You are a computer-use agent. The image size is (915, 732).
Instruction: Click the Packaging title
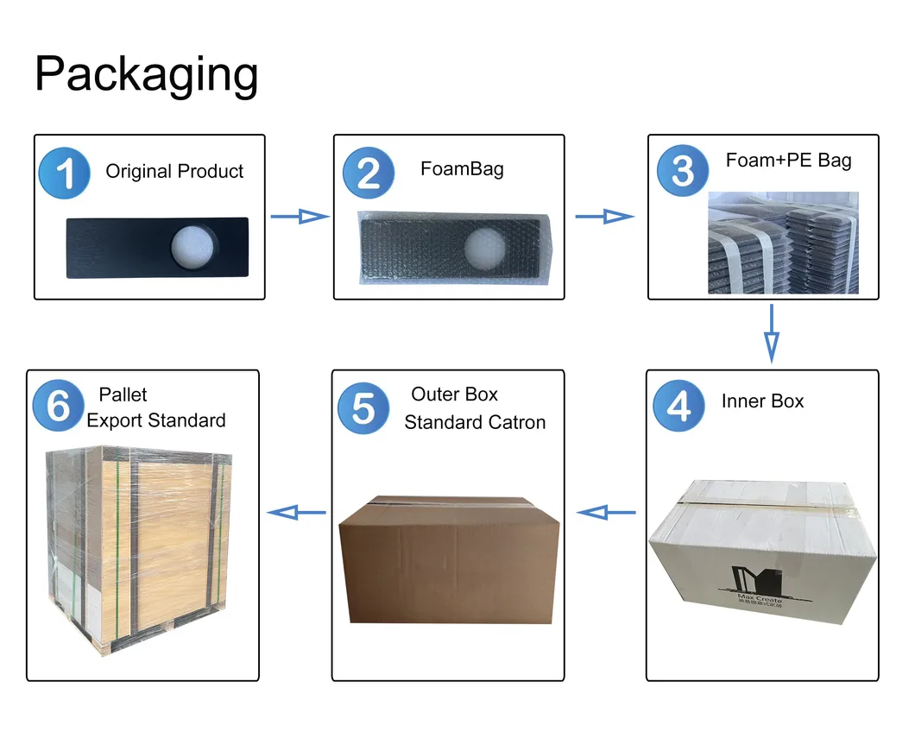pos(146,74)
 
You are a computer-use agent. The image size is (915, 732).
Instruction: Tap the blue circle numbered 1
pos(65,174)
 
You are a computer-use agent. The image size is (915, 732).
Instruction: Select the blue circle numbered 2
pos(369,174)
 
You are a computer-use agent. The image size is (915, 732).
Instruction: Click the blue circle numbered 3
pos(683,169)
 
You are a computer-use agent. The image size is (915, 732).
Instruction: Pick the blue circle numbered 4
pos(679,406)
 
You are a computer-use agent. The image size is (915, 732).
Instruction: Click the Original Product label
pos(174,171)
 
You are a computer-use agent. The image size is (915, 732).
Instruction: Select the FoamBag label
pos(462,168)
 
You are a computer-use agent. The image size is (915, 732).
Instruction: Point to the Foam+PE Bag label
pos(788,161)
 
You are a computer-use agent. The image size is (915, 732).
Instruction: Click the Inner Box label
pos(762,401)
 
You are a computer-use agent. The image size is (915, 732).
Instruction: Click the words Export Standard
pos(156,420)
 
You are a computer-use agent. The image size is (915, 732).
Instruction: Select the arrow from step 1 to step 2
pos(300,217)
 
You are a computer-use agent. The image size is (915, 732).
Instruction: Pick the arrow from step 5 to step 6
pos(296,513)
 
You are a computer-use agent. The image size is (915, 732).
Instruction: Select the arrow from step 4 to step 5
pos(606,513)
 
